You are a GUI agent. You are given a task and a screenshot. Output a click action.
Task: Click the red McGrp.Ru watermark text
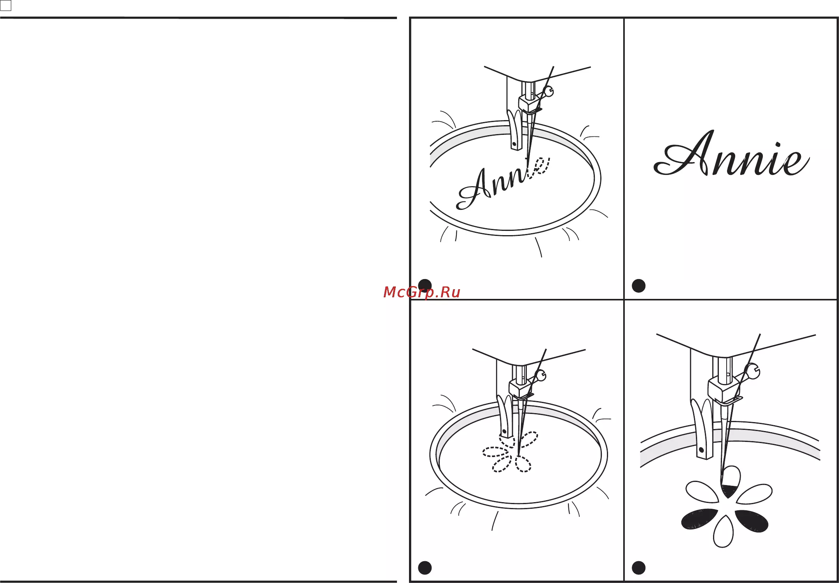click(x=421, y=292)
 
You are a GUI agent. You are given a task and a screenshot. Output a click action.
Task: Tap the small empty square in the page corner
click(x=6, y=5)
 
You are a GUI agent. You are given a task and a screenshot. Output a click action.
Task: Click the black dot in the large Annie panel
click(x=638, y=286)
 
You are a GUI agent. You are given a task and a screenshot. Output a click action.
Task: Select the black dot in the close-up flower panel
click(x=638, y=568)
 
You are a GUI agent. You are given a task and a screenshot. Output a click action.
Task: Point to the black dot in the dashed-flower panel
click(x=425, y=568)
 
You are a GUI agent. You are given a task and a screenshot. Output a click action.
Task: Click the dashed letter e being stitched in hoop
click(x=540, y=167)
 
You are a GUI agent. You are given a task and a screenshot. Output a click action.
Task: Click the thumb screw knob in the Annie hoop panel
click(x=549, y=92)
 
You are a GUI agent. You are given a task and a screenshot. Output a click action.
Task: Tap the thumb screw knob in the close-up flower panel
click(x=753, y=372)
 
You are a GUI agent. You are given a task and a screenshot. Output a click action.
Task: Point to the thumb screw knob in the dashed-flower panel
click(x=541, y=375)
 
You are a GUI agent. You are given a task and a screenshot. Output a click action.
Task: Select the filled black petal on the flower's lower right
click(x=752, y=521)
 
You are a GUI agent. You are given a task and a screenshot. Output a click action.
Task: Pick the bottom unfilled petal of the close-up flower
click(x=723, y=531)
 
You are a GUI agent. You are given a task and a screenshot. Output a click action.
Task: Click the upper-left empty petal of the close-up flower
click(x=702, y=492)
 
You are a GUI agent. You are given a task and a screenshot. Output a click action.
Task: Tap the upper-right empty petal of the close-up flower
click(x=754, y=494)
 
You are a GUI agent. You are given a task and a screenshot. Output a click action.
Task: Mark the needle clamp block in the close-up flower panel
click(x=722, y=389)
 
